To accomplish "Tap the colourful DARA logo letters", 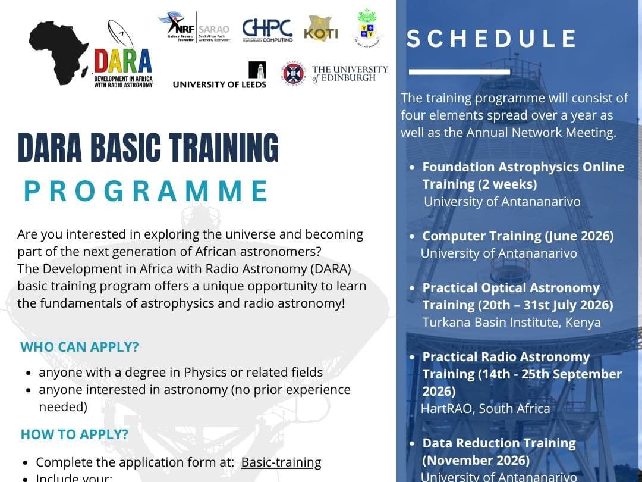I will [122, 61].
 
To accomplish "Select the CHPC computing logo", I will [267, 30].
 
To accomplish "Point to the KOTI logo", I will [320, 30].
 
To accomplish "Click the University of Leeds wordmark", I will [219, 84].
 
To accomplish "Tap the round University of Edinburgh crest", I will [293, 73].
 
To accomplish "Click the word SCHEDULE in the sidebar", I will [492, 39].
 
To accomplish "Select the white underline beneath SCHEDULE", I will [460, 72].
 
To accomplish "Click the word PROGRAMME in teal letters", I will [146, 191].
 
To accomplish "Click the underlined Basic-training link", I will [281, 462].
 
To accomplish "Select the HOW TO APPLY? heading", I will [74, 434].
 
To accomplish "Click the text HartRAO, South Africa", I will [485, 408].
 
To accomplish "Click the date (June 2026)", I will [579, 236].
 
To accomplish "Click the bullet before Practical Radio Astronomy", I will [413, 358].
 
